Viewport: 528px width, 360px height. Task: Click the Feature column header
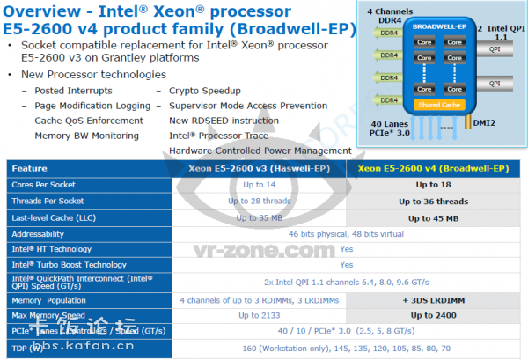coord(30,167)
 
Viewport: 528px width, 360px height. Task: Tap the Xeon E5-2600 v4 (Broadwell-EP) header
coord(433,167)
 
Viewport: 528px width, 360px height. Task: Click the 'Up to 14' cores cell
coord(258,184)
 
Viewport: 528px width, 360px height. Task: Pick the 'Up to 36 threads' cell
coord(433,201)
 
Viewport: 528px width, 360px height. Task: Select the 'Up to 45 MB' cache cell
coord(433,217)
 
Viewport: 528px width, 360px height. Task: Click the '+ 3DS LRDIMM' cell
coord(433,299)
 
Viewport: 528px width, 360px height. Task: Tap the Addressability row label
coord(40,234)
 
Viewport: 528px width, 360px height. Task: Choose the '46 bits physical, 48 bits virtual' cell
coord(346,234)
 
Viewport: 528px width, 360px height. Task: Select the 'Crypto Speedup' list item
coord(198,91)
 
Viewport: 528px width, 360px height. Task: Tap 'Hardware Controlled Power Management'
coord(260,151)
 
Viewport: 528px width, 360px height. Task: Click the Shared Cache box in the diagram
coord(437,105)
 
